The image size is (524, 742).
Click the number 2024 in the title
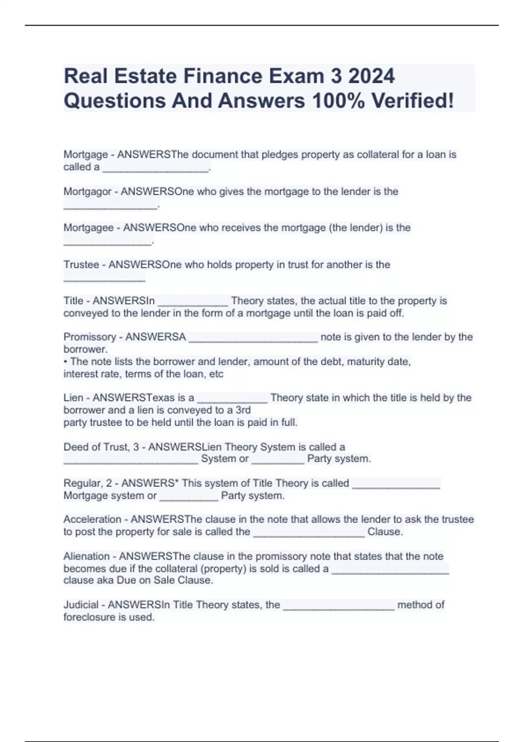point(372,76)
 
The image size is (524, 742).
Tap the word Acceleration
point(92,519)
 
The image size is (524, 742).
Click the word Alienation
point(86,556)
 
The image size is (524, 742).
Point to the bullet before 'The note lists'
point(65,362)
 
